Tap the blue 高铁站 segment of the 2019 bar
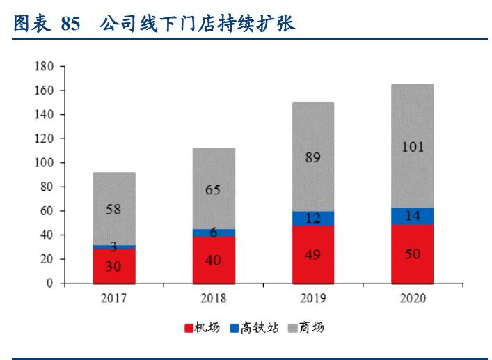coord(312,218)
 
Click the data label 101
coord(412,147)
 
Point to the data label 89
coord(312,157)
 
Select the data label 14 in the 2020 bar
coord(412,216)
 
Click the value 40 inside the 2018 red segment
coord(214,260)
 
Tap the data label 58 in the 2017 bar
coord(114,210)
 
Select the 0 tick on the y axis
coord(51,283)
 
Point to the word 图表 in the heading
coord(31,24)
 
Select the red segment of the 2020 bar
coord(412,254)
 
